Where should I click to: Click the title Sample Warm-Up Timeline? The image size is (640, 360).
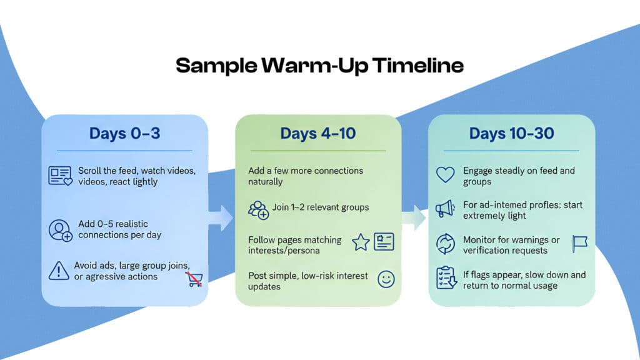click(319, 66)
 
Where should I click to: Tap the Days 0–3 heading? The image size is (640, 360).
click(124, 133)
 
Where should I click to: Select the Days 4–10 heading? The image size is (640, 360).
click(318, 133)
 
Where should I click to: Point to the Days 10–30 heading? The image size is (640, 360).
click(511, 133)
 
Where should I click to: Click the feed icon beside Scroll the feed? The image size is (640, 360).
click(61, 176)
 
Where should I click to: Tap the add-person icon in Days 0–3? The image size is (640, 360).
click(61, 229)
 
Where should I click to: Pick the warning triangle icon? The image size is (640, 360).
click(59, 271)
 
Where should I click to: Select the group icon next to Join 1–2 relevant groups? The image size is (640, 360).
click(257, 208)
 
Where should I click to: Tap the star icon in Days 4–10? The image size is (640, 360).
click(361, 243)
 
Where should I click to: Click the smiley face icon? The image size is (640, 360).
click(386, 279)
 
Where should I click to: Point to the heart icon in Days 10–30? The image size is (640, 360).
click(445, 175)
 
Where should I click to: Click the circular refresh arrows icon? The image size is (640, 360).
click(445, 244)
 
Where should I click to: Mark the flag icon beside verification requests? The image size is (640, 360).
click(579, 244)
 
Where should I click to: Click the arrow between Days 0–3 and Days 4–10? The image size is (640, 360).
click(221, 218)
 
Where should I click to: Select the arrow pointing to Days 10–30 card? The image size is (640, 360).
click(414, 218)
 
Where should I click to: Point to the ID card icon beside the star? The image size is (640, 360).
click(384, 242)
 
